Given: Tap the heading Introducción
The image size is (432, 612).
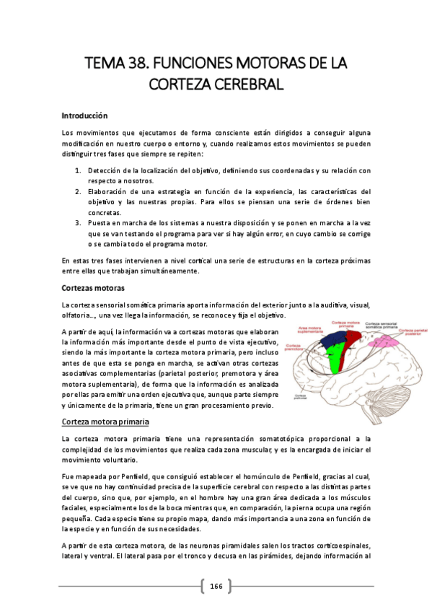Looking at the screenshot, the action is pyautogui.click(x=84, y=115).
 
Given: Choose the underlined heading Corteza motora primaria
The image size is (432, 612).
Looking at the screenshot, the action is pyautogui.click(x=105, y=421).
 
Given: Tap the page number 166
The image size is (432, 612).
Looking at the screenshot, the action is pyautogui.click(x=216, y=587).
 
